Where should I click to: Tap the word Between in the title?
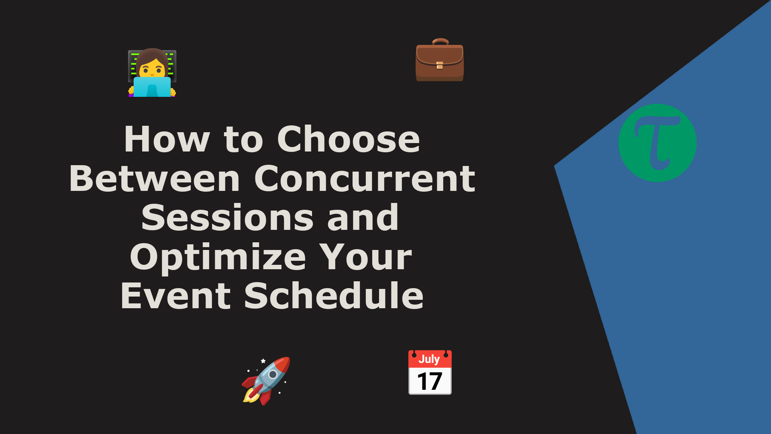click(155, 178)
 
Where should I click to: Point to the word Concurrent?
click(365, 178)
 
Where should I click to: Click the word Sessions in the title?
click(227, 217)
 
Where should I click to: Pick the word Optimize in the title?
click(218, 258)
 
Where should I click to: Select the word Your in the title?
click(366, 257)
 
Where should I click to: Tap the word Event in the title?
click(175, 296)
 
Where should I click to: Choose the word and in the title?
click(363, 217)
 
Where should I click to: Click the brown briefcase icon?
click(440, 60)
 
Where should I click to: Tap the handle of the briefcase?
click(441, 41)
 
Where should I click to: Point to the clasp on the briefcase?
click(440, 65)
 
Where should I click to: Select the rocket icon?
click(266, 381)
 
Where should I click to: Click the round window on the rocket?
click(273, 375)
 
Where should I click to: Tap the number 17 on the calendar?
click(430, 381)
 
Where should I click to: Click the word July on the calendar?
click(429, 359)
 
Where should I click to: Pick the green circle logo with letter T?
click(657, 143)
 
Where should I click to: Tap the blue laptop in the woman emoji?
click(152, 87)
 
